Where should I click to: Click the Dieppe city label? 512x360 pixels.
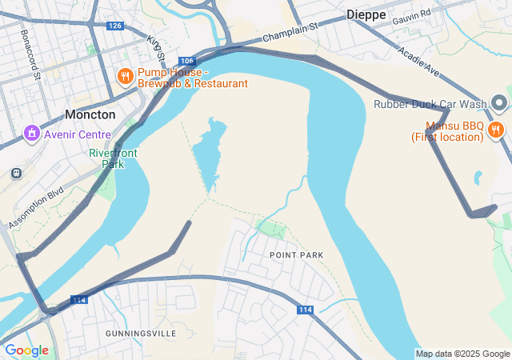coord(366,14)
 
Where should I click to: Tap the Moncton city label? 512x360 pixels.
coord(90,114)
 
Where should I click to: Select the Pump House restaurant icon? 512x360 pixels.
coord(124,77)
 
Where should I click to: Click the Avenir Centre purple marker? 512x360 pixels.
coord(32,132)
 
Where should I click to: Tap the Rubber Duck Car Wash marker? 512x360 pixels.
coord(499,104)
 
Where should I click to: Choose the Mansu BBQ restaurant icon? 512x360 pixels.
coord(496,130)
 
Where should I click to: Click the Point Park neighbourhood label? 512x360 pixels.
coord(297,255)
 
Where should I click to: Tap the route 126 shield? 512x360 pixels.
coord(115,26)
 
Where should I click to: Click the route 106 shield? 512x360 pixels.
coord(186,61)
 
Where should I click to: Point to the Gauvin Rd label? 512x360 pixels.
coord(412,14)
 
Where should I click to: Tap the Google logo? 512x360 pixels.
coord(26,350)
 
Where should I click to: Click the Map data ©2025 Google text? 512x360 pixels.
coord(462,354)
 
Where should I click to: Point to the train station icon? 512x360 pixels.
coord(16,173)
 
